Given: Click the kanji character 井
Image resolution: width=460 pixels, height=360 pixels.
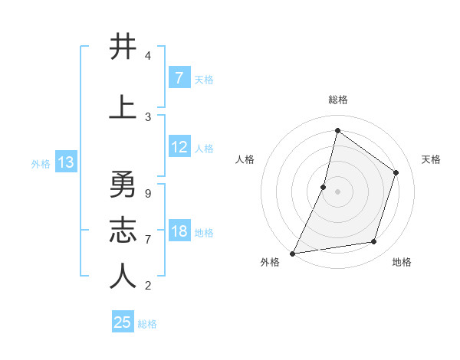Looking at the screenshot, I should click(x=123, y=47).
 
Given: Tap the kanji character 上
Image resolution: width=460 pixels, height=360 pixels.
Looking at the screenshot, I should click(x=123, y=106).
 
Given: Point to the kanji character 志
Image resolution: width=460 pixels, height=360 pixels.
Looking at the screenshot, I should click(x=123, y=230).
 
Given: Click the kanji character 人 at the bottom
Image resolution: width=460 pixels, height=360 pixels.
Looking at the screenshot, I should click(x=123, y=276).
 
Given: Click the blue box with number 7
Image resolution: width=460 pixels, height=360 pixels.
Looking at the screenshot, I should click(x=179, y=77).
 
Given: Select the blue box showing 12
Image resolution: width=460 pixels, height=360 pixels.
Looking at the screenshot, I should click(x=179, y=148).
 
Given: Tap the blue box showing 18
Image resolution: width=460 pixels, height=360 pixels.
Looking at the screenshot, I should click(x=179, y=232).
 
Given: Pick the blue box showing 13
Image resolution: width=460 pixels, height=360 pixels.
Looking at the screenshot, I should click(x=65, y=162).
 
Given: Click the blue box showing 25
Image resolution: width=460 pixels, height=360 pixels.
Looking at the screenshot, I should click(x=123, y=322).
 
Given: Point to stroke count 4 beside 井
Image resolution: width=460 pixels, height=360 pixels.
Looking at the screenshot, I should click(x=147, y=56).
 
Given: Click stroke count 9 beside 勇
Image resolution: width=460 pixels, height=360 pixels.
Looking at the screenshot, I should click(x=147, y=193).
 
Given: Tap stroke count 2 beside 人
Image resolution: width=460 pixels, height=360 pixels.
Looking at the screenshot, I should click(x=147, y=286).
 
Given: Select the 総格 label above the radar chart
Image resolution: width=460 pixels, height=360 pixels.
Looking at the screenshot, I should click(x=337, y=100).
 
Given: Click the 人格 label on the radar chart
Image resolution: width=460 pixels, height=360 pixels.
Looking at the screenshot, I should click(x=245, y=159).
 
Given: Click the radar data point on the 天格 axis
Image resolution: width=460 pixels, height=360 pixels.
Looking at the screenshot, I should click(x=396, y=172).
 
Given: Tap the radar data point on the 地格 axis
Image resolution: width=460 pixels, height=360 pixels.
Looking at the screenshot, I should click(x=374, y=242).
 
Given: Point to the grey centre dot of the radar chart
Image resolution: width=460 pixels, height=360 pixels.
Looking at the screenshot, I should click(x=337, y=191).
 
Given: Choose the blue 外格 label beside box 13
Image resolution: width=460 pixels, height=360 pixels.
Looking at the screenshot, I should click(x=40, y=163).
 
